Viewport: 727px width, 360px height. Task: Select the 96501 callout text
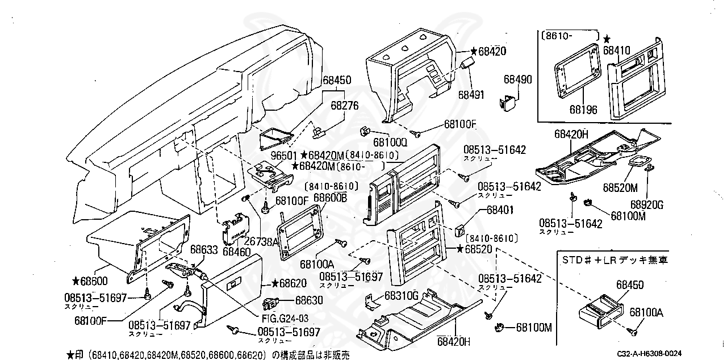[284, 155]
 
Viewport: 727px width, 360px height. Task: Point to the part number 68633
[203, 249]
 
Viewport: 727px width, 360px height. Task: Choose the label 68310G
[401, 296]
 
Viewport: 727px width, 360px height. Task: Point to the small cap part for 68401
[461, 231]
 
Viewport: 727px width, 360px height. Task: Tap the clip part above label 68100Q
[365, 131]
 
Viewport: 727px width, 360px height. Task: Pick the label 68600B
[331, 197]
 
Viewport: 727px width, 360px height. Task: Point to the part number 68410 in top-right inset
[617, 50]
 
